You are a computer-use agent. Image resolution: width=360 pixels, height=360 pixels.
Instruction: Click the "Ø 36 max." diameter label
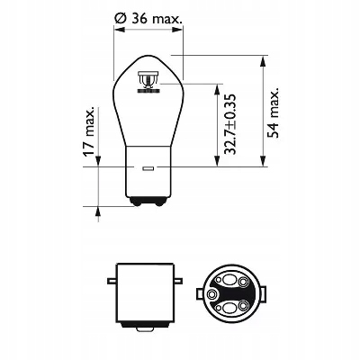point(148,19)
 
